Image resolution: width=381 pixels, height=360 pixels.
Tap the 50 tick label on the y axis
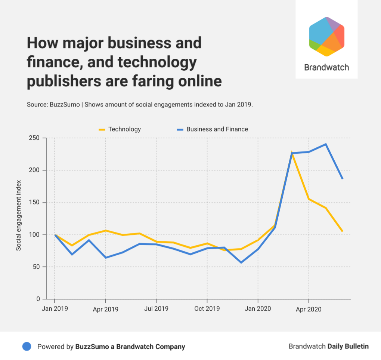coord(37,267)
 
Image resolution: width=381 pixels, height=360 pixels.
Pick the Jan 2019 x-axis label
coord(55,309)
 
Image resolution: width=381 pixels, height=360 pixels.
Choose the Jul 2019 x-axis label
coord(156,309)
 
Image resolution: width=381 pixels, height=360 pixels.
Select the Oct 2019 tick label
coord(207,309)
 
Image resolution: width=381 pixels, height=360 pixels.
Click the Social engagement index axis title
coord(18,215)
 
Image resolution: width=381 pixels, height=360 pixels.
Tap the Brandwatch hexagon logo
coord(326,37)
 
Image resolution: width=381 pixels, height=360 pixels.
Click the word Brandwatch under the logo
coord(326,68)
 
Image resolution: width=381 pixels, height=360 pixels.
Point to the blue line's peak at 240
coord(326,144)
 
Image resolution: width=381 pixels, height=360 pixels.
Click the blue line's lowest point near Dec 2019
coord(241,262)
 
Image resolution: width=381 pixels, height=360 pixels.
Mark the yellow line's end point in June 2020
coord(342,231)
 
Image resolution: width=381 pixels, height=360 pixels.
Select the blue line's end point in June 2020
coord(342,178)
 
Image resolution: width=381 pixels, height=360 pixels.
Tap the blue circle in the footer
coord(27,347)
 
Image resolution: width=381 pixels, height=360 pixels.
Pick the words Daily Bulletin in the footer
coord(348,347)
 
